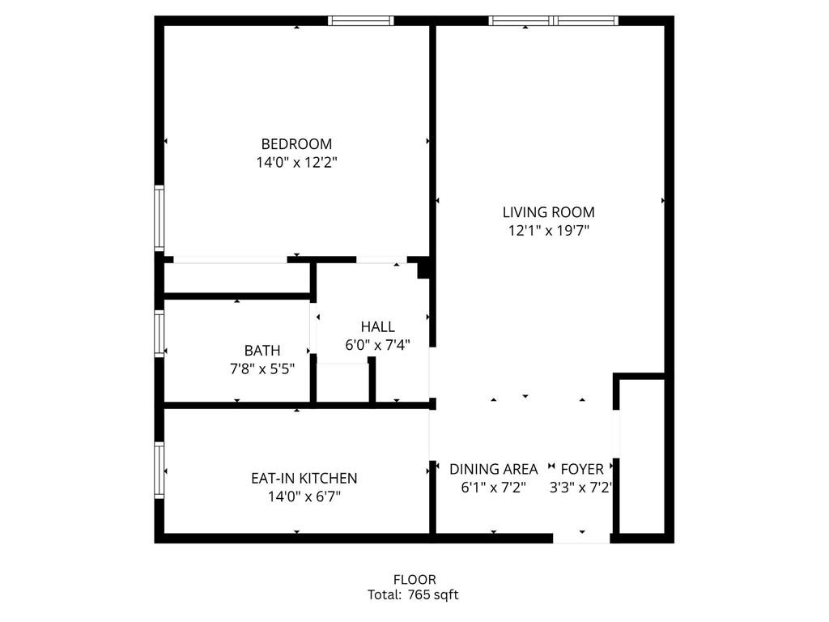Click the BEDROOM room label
point(296,144)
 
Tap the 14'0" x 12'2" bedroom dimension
point(296,162)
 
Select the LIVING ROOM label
point(548,212)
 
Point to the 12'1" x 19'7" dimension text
point(549,230)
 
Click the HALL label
point(377,326)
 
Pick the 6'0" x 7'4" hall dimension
point(377,345)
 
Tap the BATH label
point(262,350)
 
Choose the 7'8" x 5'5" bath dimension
point(262,369)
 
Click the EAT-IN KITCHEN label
point(304,478)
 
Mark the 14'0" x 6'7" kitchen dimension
point(304,496)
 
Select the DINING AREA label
point(493,469)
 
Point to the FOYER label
point(582,469)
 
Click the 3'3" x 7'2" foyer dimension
point(580,487)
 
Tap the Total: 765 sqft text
point(413,595)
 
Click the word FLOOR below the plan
point(414,580)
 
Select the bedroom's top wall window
point(360,20)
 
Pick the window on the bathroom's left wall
point(159,333)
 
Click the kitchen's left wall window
point(159,470)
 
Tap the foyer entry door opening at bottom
point(581,538)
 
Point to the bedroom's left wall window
point(159,218)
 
